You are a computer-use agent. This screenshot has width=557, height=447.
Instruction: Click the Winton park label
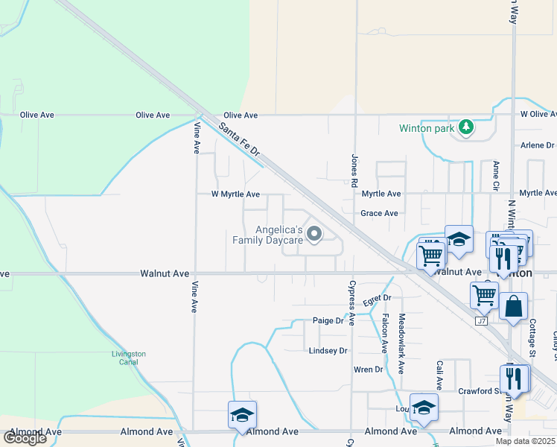(x=426, y=128)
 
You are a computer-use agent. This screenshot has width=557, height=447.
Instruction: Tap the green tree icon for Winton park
(x=466, y=127)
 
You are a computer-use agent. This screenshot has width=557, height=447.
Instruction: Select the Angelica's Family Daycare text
(x=267, y=235)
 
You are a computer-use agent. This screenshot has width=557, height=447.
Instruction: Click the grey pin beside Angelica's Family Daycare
(x=314, y=235)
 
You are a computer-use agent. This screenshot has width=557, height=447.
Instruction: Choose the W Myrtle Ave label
(x=235, y=194)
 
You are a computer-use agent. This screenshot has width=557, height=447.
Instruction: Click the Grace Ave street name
(x=381, y=213)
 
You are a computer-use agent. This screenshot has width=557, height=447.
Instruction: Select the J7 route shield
(x=481, y=320)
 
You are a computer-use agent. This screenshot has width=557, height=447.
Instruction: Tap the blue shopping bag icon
(x=513, y=307)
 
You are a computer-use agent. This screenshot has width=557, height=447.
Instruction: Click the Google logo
(x=25, y=438)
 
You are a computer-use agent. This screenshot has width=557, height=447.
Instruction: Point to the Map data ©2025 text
(x=525, y=441)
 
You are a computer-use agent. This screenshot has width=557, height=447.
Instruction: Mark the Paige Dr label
(x=328, y=322)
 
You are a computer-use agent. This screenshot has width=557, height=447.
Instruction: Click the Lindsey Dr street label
(x=328, y=350)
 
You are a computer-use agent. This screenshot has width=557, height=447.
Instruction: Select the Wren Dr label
(x=368, y=370)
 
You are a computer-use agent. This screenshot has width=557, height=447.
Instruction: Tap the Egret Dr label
(x=377, y=299)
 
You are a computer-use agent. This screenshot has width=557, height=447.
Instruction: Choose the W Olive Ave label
(x=538, y=115)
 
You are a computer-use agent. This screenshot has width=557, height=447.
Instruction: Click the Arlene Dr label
(x=538, y=145)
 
